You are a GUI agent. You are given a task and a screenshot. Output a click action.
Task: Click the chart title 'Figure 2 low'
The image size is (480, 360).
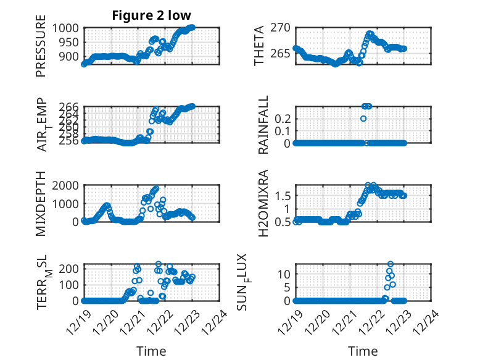pos(151,15)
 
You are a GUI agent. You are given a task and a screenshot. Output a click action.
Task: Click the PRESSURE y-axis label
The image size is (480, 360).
pos(41,49)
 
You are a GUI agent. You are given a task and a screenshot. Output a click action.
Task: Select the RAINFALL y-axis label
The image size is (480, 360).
pos(263,125)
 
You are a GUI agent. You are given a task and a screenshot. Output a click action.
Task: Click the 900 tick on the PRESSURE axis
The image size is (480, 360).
pos(68,56)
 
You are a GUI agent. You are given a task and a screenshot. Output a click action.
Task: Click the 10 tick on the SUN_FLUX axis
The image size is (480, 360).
pos(284,274)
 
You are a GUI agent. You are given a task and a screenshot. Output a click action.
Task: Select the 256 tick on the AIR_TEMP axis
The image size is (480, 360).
pos(68,140)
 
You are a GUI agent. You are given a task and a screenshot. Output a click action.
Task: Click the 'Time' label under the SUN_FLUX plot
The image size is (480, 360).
pos(363,351)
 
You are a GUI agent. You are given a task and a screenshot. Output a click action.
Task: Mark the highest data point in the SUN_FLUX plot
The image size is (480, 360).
pos(390,264)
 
